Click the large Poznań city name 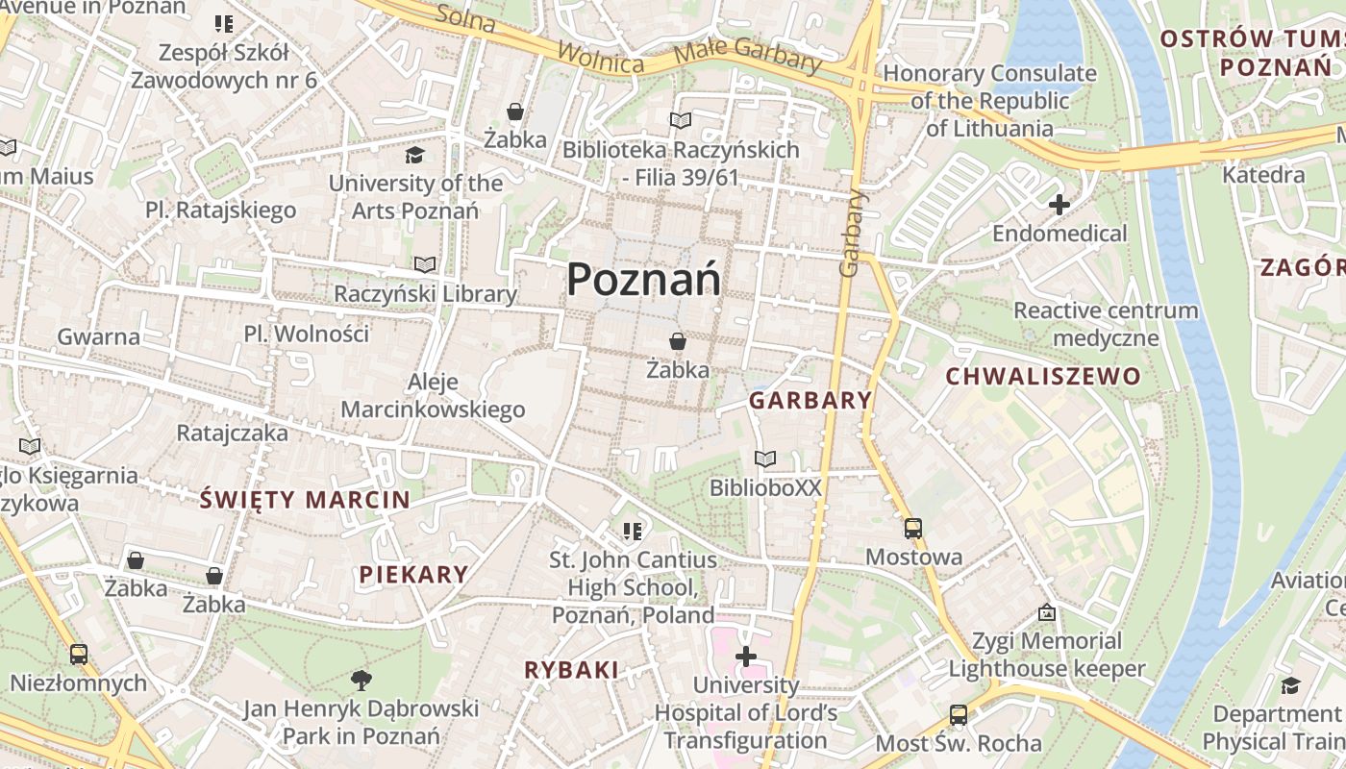(x=643, y=280)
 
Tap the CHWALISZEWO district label (x=1043, y=376)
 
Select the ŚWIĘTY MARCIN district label (x=305, y=500)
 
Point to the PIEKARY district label (x=413, y=575)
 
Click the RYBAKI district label (x=571, y=670)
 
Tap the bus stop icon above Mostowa (x=912, y=528)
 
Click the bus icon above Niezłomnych (x=79, y=655)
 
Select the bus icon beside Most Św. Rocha (x=959, y=715)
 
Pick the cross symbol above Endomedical (x=1059, y=205)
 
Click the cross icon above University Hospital (x=746, y=657)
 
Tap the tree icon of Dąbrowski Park (x=361, y=681)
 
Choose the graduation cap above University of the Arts (x=414, y=155)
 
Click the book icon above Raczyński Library (x=425, y=264)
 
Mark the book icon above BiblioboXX (x=765, y=459)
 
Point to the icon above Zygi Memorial (x=1047, y=612)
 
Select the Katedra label (x=1263, y=175)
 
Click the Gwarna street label (x=98, y=336)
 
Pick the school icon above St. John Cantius (x=632, y=531)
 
